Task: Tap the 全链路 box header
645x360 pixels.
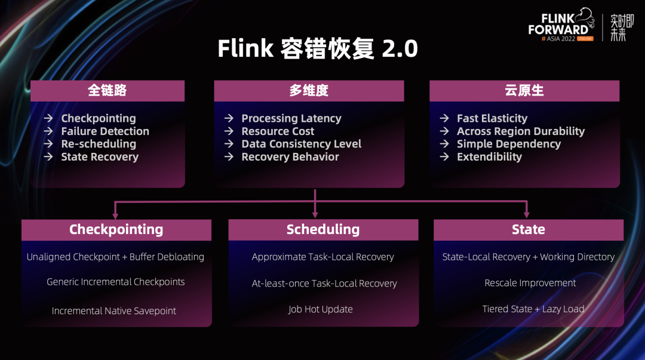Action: pyautogui.click(x=107, y=91)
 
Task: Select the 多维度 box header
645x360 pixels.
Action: pyautogui.click(x=309, y=91)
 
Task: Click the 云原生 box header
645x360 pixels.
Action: pyautogui.click(x=524, y=91)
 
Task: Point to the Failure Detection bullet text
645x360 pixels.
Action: pyautogui.click(x=105, y=131)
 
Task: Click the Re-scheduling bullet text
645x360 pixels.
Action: pyautogui.click(x=99, y=144)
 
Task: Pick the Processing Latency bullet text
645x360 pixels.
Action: pyautogui.click(x=291, y=118)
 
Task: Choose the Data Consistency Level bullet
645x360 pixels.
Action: pyautogui.click(x=301, y=144)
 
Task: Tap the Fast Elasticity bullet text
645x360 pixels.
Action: pyautogui.click(x=492, y=118)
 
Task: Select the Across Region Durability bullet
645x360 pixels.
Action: pyautogui.click(x=521, y=131)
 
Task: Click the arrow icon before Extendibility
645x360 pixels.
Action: pyautogui.click(x=444, y=157)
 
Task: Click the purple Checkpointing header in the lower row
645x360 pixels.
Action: pyautogui.click(x=116, y=230)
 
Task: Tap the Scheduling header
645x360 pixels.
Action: pyautogui.click(x=323, y=230)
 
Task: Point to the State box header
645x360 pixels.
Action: pyautogui.click(x=528, y=230)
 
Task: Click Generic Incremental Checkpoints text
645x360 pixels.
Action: pyautogui.click(x=116, y=282)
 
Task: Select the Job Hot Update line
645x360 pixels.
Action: pyautogui.click(x=320, y=309)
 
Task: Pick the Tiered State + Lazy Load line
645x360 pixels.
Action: pyautogui.click(x=533, y=309)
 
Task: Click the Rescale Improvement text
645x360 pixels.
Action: pyautogui.click(x=530, y=283)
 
